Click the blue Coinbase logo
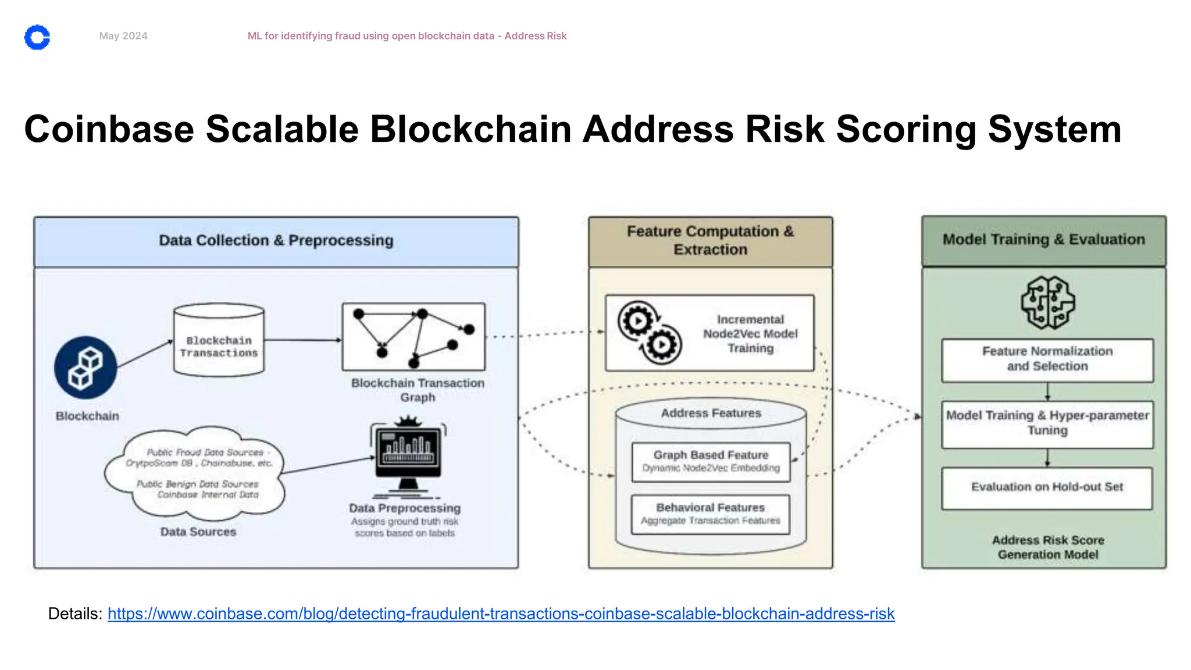37,37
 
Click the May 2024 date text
123,36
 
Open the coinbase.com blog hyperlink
501,614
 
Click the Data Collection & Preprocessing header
276,241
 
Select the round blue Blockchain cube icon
85,368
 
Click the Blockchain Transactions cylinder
219,341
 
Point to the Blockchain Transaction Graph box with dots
413,337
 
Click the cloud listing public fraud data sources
195,473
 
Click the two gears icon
649,333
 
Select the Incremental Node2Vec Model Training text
750,334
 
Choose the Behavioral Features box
711,514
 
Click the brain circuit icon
1048,302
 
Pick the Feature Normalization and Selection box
1047,359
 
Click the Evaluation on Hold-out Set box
1047,487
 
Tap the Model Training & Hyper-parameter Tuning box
1047,423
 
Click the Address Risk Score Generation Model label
1048,547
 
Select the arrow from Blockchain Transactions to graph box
302,340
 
